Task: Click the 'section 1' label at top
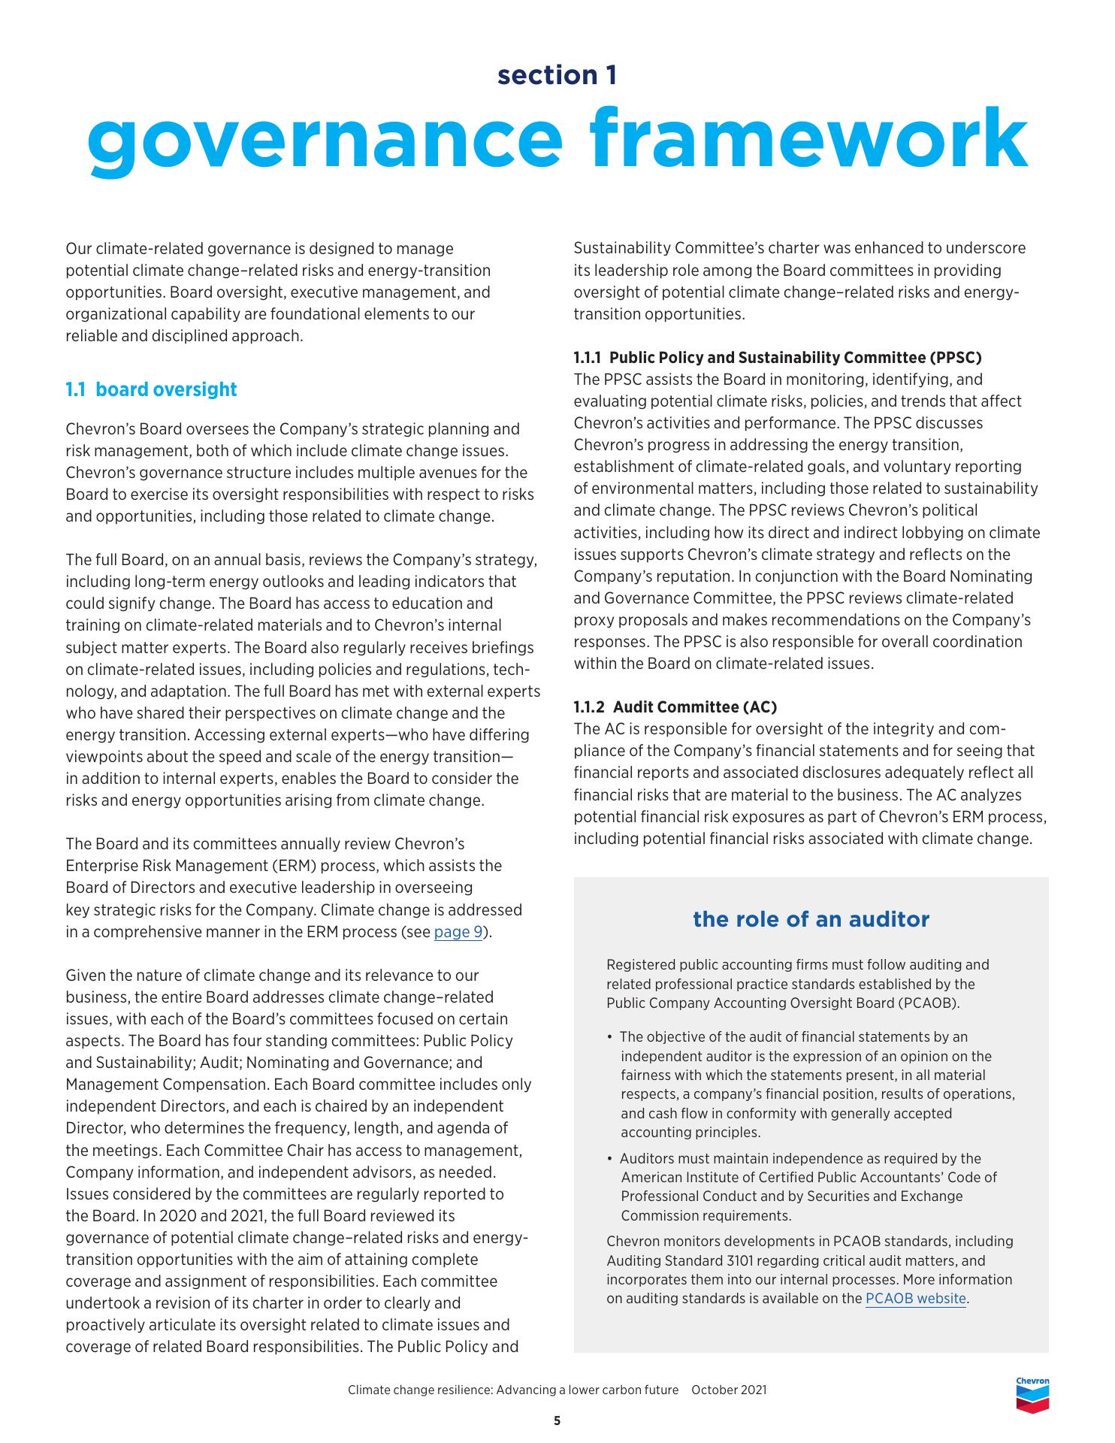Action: [x=557, y=75]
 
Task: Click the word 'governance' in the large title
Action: [x=324, y=139]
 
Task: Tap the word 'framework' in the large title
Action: [x=808, y=139]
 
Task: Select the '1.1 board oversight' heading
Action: [x=151, y=389]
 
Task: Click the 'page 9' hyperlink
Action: [x=458, y=933]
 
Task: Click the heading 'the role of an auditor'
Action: [x=811, y=919]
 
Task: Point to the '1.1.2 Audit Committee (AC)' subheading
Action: [x=675, y=706]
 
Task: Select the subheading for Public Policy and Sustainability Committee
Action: [x=778, y=357]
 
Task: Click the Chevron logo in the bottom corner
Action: [x=1032, y=1394]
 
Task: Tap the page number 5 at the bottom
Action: [x=557, y=1420]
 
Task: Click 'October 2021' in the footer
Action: [x=729, y=1390]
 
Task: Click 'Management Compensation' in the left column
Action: [x=167, y=1085]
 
